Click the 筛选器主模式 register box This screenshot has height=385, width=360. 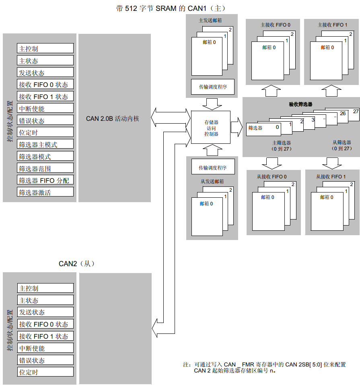click(45, 144)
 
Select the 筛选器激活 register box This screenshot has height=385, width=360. click(45, 192)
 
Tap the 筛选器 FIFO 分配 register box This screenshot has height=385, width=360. click(45, 180)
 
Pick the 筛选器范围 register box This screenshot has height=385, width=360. click(45, 168)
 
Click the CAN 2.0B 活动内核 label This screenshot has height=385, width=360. click(113, 119)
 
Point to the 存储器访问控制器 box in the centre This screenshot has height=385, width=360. click(211, 128)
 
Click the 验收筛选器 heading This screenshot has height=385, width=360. click(300, 104)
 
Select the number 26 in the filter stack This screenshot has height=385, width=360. click(342, 114)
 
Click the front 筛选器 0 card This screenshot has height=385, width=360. click(263, 128)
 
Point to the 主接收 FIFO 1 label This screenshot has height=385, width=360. click(333, 25)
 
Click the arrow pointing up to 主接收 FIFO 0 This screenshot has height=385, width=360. click(272, 90)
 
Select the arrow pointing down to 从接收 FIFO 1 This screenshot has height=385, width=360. click(332, 163)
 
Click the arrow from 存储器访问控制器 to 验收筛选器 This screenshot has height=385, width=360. click(236, 125)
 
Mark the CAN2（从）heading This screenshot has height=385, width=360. click(76, 264)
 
